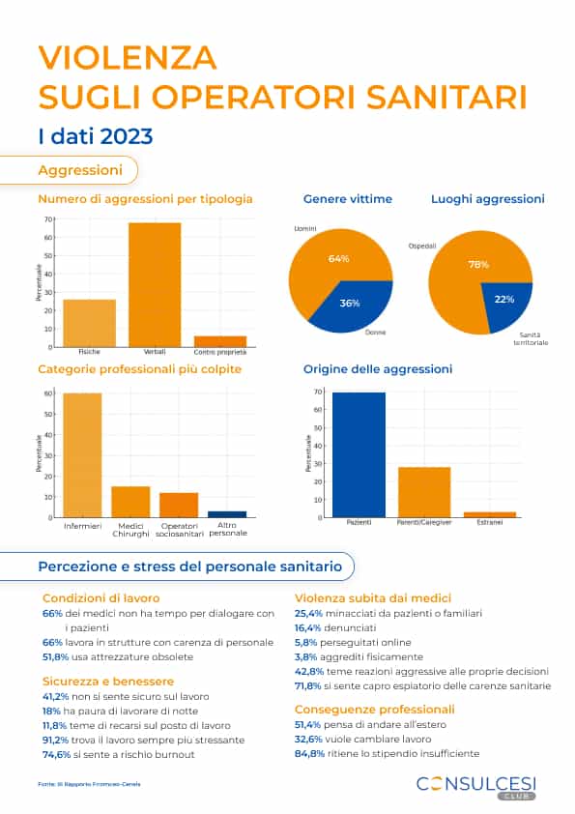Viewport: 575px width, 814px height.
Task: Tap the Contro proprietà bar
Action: click(x=220, y=340)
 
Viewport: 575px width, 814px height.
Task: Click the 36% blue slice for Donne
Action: click(x=359, y=301)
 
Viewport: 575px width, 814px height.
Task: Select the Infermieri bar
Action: click(x=82, y=454)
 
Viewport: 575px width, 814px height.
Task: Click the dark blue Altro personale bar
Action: click(x=227, y=514)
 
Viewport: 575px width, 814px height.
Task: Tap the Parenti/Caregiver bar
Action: click(x=424, y=492)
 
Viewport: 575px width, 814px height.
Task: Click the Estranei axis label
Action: click(x=490, y=523)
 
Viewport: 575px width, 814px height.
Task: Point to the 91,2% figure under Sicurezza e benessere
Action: click(x=55, y=740)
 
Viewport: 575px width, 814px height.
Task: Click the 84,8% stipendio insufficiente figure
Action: click(x=308, y=753)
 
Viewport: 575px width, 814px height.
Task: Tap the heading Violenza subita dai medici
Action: click(x=372, y=597)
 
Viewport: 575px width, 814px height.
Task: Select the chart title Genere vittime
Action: click(x=347, y=199)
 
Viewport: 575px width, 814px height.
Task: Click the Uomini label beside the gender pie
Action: click(x=305, y=228)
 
